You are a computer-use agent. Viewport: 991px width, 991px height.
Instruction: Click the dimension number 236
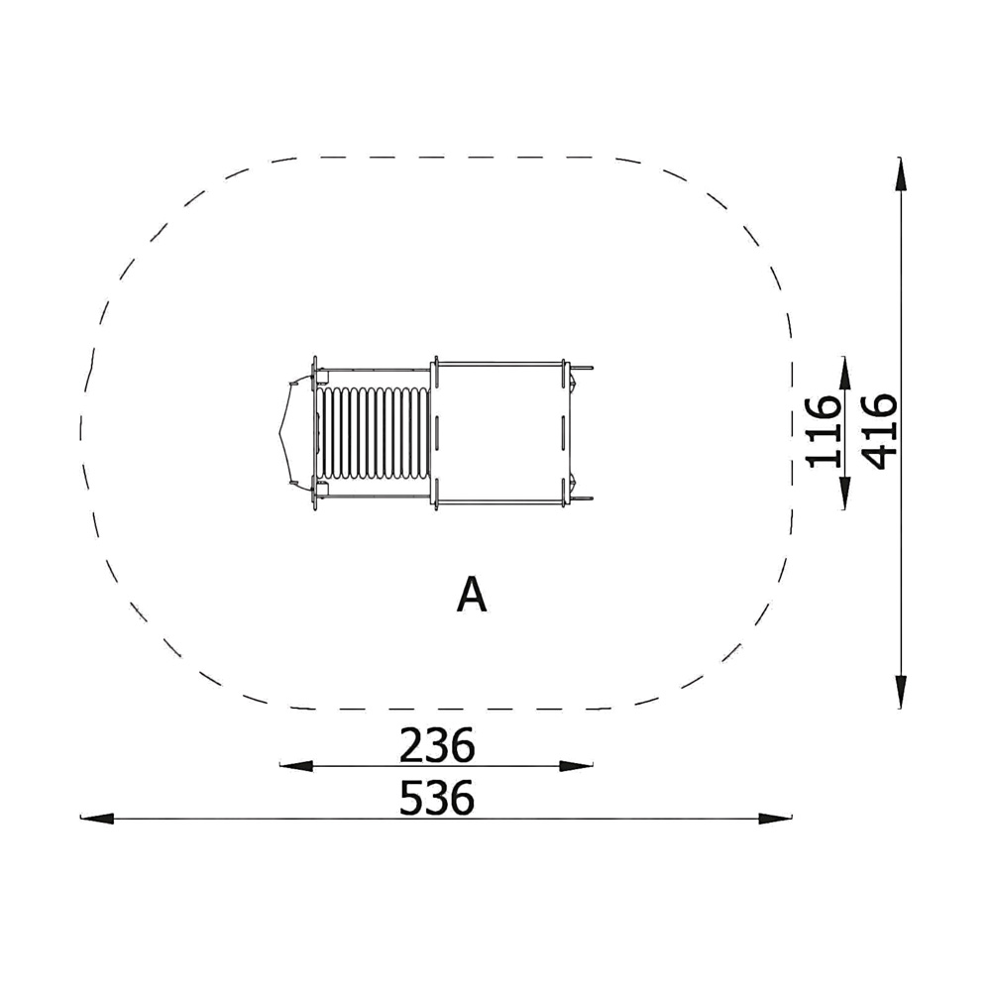437,745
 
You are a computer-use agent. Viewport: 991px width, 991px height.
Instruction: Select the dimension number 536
437,798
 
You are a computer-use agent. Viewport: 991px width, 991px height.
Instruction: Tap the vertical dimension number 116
825,432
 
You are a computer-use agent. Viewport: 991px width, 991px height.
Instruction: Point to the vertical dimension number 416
880,432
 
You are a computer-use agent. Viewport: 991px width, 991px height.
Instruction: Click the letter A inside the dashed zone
472,595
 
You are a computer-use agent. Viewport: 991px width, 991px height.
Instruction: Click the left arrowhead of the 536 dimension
97,819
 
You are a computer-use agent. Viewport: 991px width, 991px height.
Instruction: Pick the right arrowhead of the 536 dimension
776,819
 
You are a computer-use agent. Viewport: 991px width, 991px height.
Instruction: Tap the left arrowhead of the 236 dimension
296,766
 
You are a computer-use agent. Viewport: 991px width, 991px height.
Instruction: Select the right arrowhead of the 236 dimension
577,766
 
